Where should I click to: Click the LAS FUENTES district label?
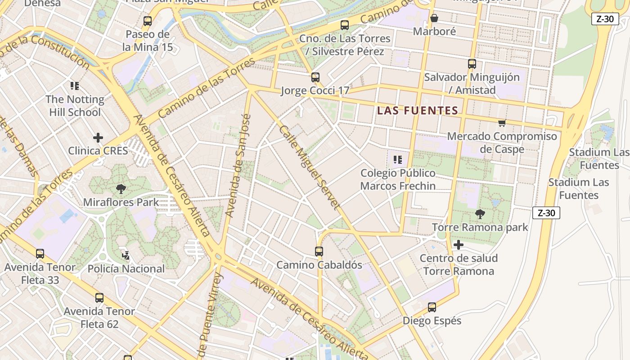coord(418,110)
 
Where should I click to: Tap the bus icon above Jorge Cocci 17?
coord(315,77)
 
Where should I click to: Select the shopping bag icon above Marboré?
coord(434,18)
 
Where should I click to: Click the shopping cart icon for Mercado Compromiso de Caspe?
coord(502,123)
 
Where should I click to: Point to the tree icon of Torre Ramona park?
coord(480,214)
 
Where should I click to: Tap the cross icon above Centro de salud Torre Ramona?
coord(459,245)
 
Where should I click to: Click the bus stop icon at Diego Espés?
coord(432,307)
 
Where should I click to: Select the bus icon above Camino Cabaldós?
coord(319,252)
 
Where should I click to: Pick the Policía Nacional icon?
coord(126,256)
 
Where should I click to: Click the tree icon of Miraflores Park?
coord(121,189)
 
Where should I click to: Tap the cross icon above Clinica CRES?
coord(98,137)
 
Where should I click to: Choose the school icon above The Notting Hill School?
coord(75,85)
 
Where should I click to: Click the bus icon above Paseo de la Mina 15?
coord(148,21)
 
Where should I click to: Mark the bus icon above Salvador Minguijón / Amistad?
coord(472,64)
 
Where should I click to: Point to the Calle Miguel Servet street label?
coord(308,167)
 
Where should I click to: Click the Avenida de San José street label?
coord(238,165)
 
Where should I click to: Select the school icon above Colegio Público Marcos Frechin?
coord(397,160)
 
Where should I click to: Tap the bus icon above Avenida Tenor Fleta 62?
coord(99,298)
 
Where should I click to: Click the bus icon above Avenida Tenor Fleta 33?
coord(40,254)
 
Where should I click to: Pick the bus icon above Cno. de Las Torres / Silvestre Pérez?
coord(345,25)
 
